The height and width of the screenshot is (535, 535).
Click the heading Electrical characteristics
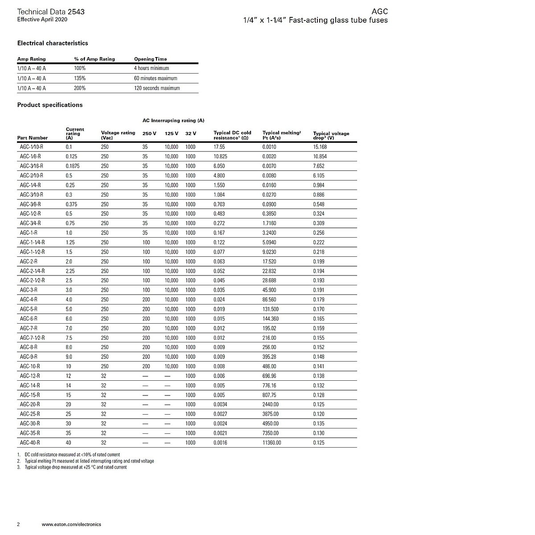click(x=53, y=43)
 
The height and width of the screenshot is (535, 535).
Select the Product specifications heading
click(x=50, y=105)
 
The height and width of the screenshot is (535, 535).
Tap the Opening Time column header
click(x=150, y=59)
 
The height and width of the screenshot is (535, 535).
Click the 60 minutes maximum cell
click(x=156, y=78)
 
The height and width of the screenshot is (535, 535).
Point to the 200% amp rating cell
click(x=80, y=88)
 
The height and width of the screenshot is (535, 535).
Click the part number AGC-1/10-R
click(x=32, y=147)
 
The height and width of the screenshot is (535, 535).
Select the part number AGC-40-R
click(x=30, y=443)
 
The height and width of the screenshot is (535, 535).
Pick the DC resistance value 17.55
click(x=219, y=147)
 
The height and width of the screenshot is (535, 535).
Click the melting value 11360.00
click(x=272, y=443)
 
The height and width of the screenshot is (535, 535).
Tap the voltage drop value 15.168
click(x=320, y=147)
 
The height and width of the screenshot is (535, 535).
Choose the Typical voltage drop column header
click(x=331, y=136)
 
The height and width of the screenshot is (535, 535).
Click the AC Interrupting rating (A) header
click(x=173, y=120)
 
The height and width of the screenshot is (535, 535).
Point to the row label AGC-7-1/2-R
click(x=32, y=338)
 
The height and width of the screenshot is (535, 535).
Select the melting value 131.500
click(x=271, y=309)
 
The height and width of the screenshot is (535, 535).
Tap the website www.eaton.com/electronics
click(x=71, y=524)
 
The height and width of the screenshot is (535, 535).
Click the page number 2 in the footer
click(x=18, y=524)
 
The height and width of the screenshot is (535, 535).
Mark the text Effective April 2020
click(x=42, y=20)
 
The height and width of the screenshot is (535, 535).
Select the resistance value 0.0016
click(x=220, y=443)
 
